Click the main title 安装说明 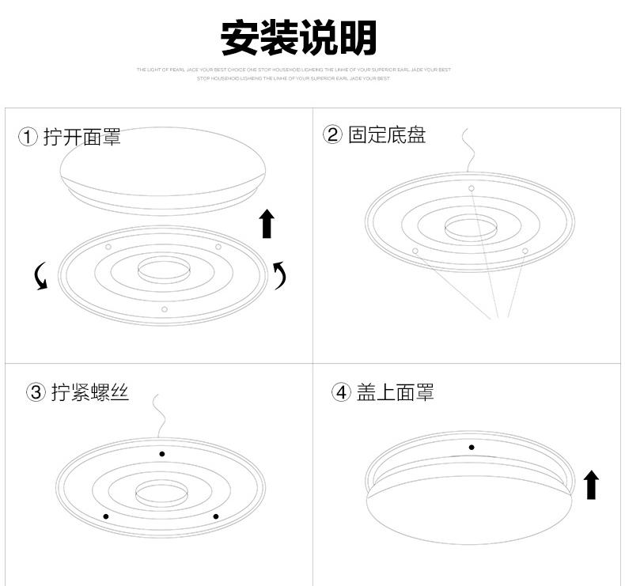pyautogui.click(x=298, y=38)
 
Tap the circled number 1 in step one pyautogui.click(x=28, y=138)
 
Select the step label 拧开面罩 pyautogui.click(x=81, y=138)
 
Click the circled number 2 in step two pyautogui.click(x=332, y=134)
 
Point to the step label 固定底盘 pyautogui.click(x=387, y=134)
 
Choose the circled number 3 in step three pyautogui.click(x=36, y=392)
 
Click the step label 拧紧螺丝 pyautogui.click(x=89, y=392)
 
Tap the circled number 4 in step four pyautogui.click(x=341, y=392)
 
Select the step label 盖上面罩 pyautogui.click(x=395, y=392)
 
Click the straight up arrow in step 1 pyautogui.click(x=267, y=224)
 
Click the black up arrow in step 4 pyautogui.click(x=591, y=484)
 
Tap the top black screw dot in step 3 pyautogui.click(x=162, y=454)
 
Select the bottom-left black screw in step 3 pyautogui.click(x=106, y=516)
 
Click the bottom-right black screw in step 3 pyautogui.click(x=215, y=516)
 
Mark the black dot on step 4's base pyautogui.click(x=472, y=448)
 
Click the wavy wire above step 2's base pyautogui.click(x=469, y=149)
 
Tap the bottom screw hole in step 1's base pyautogui.click(x=165, y=309)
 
